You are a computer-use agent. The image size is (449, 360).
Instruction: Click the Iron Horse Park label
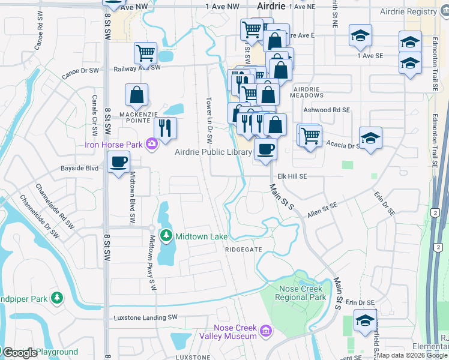click(x=114, y=145)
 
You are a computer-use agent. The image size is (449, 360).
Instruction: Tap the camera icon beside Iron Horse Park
click(x=151, y=143)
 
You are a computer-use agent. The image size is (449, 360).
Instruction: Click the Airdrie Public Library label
click(x=213, y=152)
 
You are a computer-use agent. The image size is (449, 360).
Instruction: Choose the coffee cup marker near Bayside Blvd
click(x=118, y=161)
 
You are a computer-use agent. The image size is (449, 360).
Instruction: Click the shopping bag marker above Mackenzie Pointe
click(x=136, y=94)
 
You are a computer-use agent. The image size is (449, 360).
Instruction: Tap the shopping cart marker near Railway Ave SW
click(x=145, y=53)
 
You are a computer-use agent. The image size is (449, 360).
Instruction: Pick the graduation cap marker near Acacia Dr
click(x=370, y=138)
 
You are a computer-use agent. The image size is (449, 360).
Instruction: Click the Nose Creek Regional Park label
click(x=303, y=293)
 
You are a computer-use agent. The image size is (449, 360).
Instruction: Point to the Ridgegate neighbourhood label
click(x=244, y=249)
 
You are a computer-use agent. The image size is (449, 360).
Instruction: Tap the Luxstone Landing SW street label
click(x=143, y=317)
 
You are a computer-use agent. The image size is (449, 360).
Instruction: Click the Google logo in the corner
click(x=20, y=353)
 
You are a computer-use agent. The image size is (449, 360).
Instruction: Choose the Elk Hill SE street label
click(x=292, y=176)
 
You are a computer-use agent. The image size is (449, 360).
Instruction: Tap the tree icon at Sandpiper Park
click(x=57, y=297)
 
